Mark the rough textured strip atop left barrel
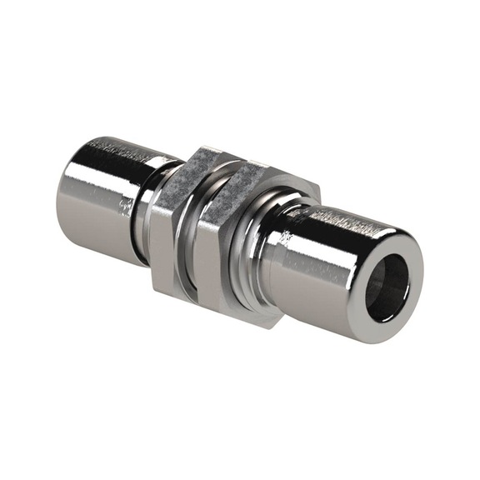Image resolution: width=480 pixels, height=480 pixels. click(125, 150)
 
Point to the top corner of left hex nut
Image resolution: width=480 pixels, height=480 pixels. click(200, 150)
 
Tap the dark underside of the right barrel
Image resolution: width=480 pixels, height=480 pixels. click(317, 312)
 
